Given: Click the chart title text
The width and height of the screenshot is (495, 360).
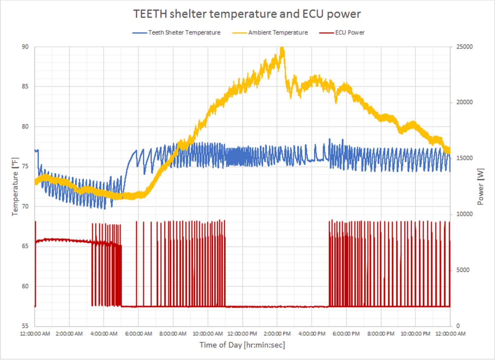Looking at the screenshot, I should pyautogui.click(x=247, y=14).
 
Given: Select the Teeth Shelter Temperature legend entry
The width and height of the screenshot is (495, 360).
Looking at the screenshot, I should pyautogui.click(x=184, y=33).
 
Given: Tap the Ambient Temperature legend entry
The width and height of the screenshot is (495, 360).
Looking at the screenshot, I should pyautogui.click(x=278, y=33).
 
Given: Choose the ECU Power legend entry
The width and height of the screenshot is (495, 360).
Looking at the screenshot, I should pyautogui.click(x=350, y=33).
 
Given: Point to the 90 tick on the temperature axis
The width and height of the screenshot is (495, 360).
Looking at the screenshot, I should pyautogui.click(x=25, y=47).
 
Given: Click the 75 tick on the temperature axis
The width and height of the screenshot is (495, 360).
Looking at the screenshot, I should pyautogui.click(x=25, y=166).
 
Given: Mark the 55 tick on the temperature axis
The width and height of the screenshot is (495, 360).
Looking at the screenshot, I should pyautogui.click(x=25, y=326).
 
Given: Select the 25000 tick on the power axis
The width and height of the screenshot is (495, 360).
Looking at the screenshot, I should pyautogui.click(x=464, y=47).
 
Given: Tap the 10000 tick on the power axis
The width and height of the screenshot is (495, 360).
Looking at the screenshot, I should pyautogui.click(x=464, y=214).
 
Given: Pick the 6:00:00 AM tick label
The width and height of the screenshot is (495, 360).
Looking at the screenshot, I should pyautogui.click(x=138, y=334).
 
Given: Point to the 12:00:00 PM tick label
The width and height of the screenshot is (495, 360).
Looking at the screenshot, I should pyautogui.click(x=242, y=334).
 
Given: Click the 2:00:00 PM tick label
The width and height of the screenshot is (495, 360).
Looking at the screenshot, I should pyautogui.click(x=277, y=334).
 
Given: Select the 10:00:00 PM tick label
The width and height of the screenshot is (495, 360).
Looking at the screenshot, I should pyautogui.click(x=415, y=334).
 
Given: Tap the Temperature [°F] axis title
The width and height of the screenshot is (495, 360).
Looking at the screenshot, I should pyautogui.click(x=15, y=187).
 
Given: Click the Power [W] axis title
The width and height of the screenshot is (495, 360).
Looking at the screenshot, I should pyautogui.click(x=480, y=187).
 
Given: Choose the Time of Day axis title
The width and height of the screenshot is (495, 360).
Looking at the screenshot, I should pyautogui.click(x=242, y=345).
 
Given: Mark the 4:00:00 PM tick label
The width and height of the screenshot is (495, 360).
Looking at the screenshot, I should pyautogui.click(x=312, y=334).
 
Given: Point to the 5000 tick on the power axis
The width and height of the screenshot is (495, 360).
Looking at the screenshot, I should pyautogui.click(x=463, y=270).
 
